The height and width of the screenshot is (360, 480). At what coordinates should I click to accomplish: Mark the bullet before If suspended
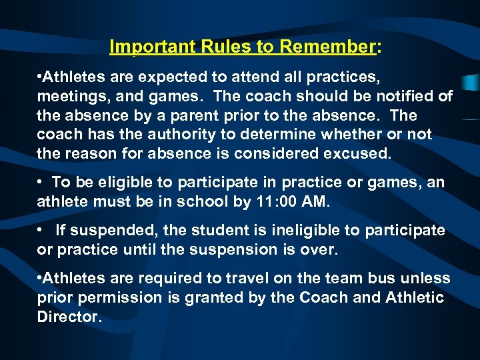(x=41, y=230)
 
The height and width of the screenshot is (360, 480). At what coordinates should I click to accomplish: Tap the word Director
(x=69, y=316)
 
